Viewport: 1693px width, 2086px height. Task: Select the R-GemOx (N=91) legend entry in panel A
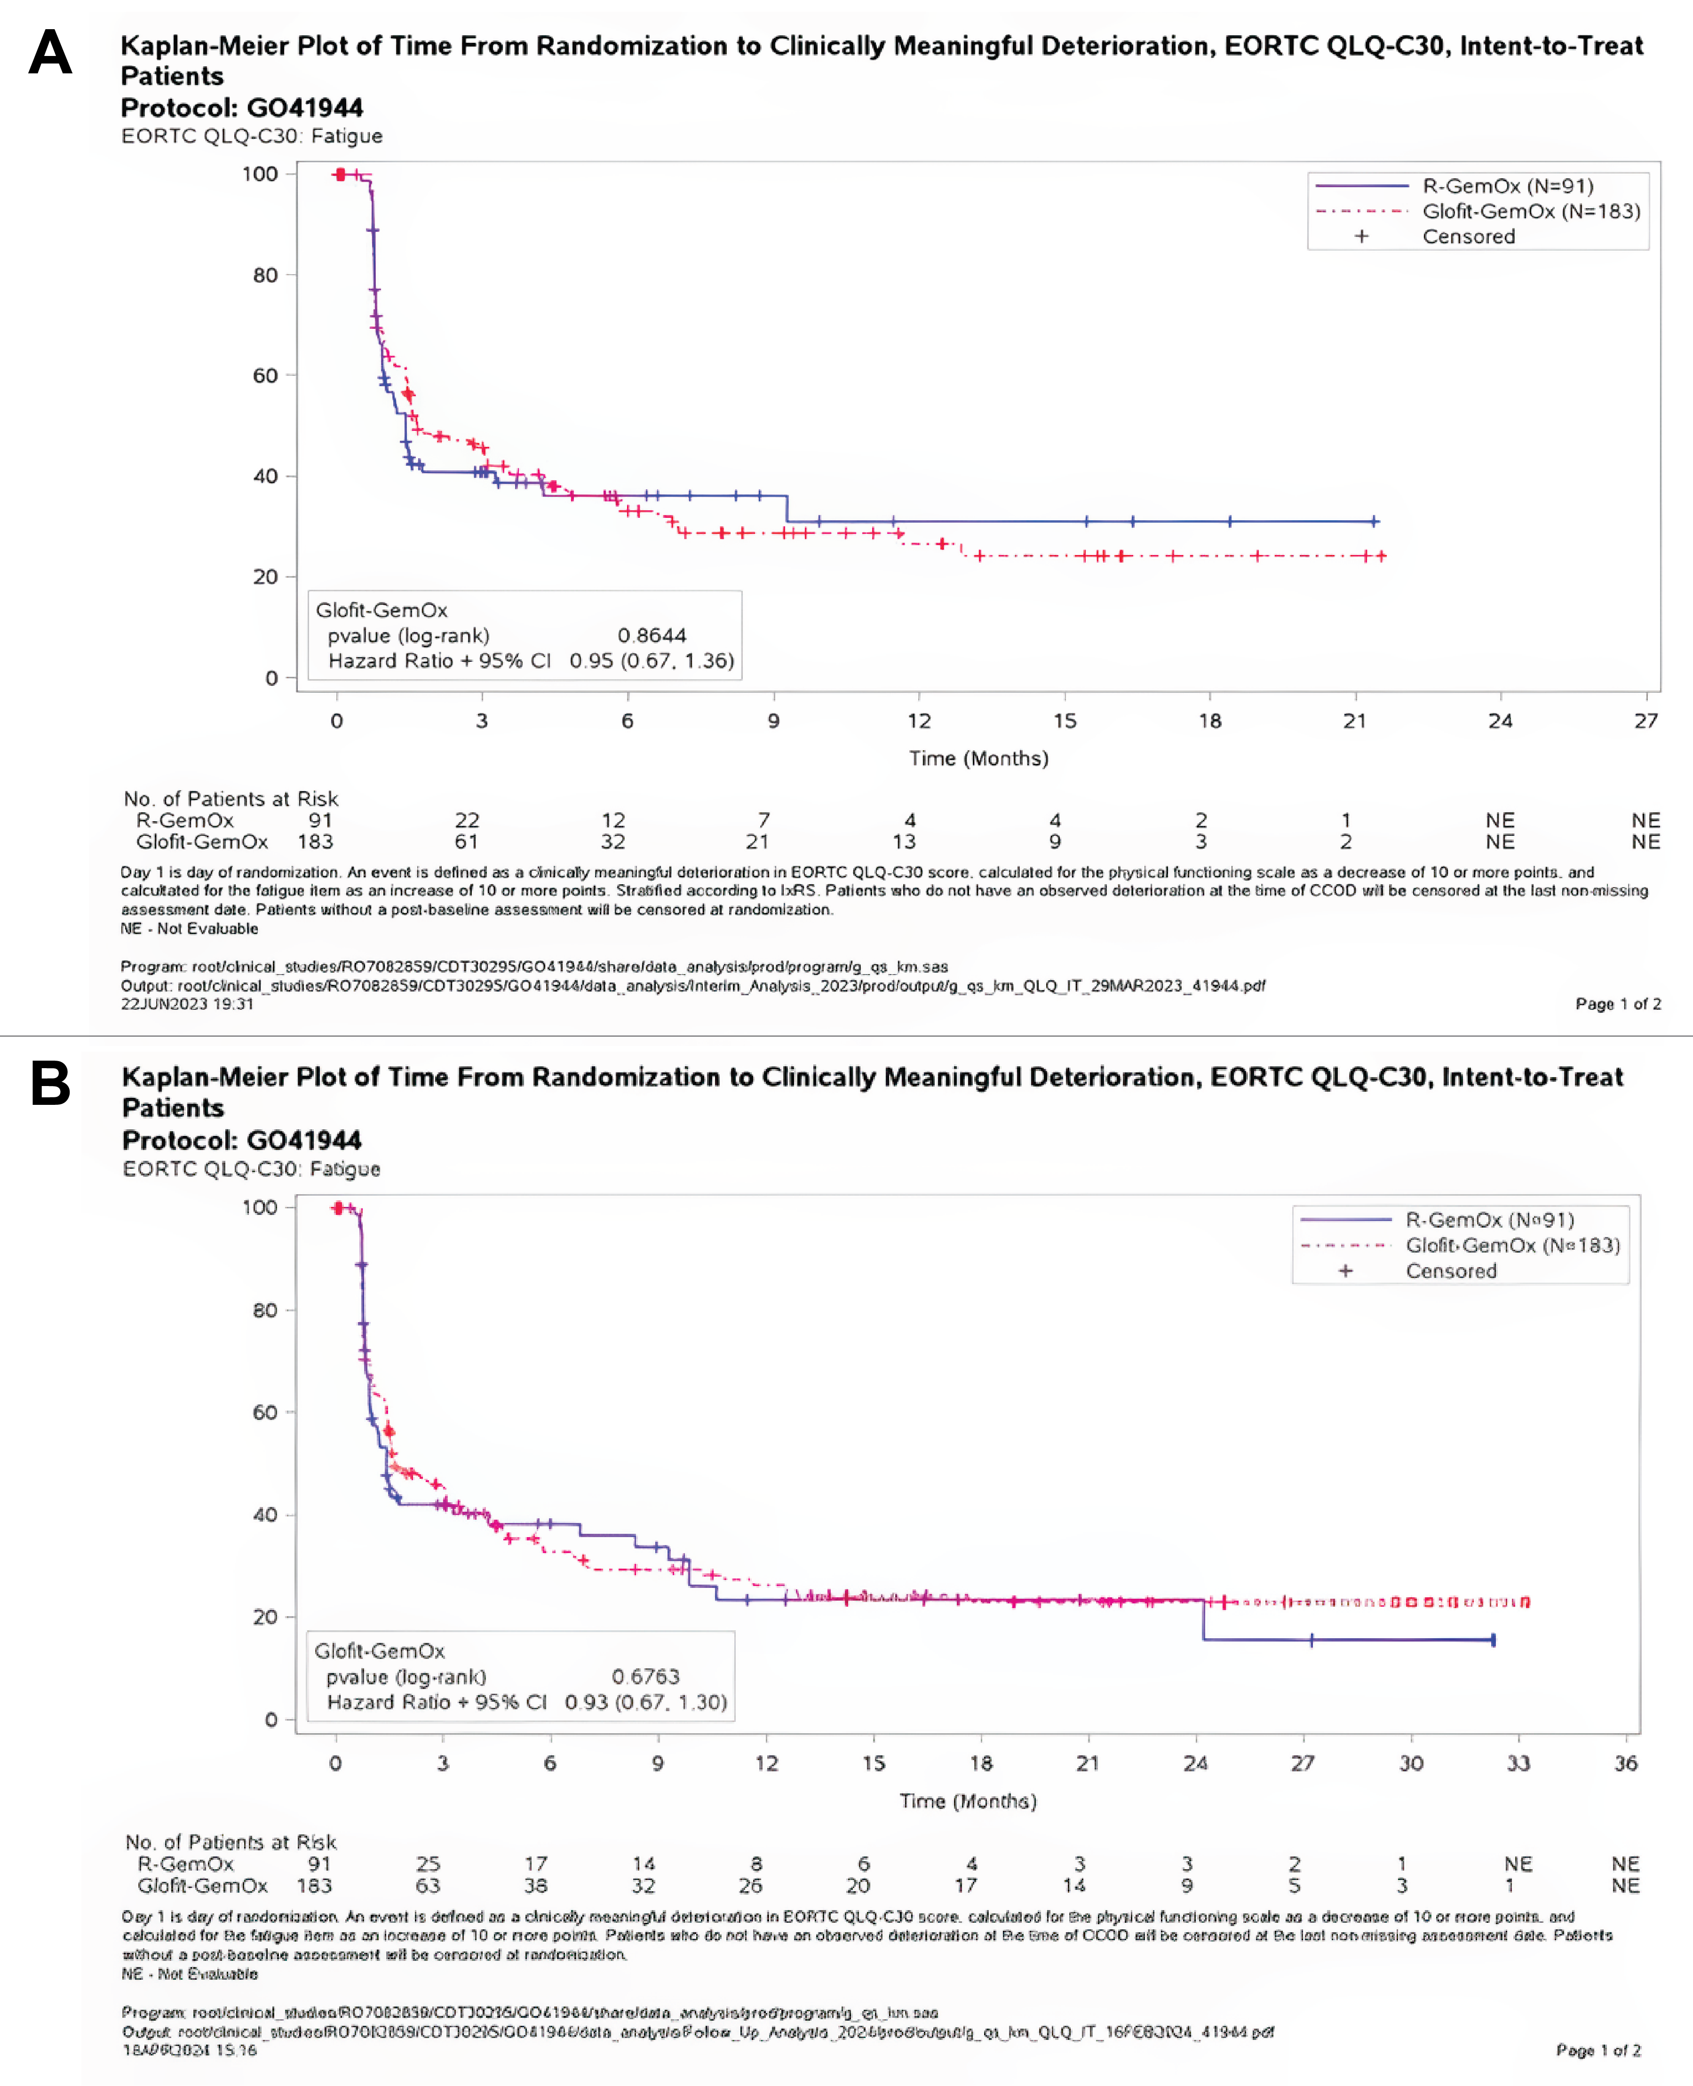1507,185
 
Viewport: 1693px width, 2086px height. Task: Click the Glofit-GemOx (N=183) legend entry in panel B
1511,1245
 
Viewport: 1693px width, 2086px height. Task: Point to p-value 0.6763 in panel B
644,1676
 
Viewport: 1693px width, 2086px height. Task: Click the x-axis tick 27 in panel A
1645,721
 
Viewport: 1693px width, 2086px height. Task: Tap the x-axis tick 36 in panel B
1625,1763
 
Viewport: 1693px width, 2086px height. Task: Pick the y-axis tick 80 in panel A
265,275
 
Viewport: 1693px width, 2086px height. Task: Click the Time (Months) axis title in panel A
978,758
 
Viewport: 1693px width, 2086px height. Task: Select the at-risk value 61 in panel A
466,841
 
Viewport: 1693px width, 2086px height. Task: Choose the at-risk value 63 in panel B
427,1885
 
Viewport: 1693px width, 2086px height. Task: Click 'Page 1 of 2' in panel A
1617,1004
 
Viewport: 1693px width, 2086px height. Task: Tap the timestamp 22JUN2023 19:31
186,1004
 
